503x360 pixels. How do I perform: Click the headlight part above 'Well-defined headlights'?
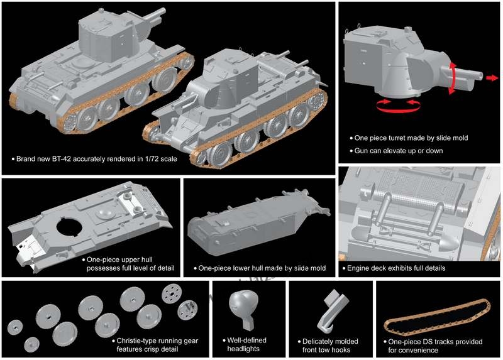click(241, 305)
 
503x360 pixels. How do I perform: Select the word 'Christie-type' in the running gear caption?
click(141, 341)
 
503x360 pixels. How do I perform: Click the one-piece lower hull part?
click(251, 223)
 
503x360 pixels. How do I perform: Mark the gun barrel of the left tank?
click(149, 19)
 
